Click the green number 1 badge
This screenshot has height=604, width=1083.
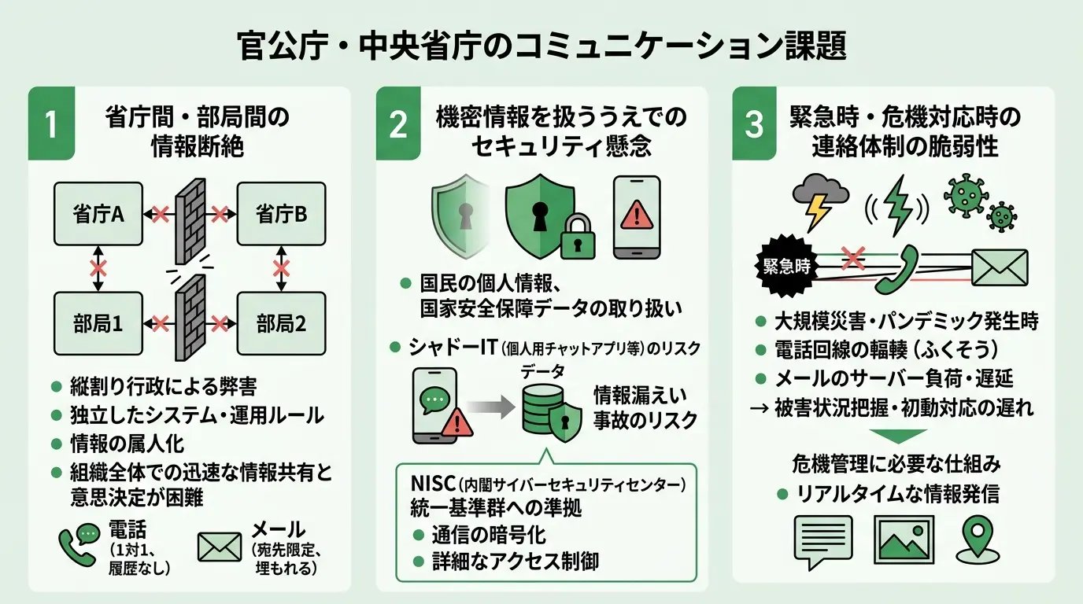(52, 124)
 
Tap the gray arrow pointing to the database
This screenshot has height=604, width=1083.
(489, 407)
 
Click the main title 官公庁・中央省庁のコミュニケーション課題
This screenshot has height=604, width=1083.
(541, 46)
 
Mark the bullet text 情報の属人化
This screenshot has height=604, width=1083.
(127, 443)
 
